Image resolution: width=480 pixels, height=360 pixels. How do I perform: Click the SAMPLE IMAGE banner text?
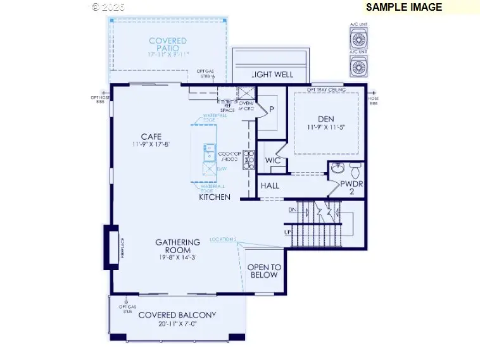tap(403, 8)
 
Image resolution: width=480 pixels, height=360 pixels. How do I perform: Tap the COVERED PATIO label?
tap(168, 44)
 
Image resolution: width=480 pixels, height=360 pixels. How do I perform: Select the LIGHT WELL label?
tap(272, 75)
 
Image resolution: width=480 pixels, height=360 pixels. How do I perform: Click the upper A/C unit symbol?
tap(359, 39)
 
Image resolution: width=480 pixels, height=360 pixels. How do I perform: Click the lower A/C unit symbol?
tap(359, 66)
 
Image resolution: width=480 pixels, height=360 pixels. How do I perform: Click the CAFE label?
tap(151, 136)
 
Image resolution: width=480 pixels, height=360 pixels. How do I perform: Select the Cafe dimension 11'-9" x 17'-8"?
tap(151, 144)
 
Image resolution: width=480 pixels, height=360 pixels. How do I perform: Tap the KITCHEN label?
tap(215, 197)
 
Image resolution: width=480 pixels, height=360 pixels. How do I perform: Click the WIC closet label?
tap(273, 161)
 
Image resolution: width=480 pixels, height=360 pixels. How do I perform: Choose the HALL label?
tap(270, 186)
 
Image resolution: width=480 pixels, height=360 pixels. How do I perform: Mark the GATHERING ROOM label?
tap(178, 246)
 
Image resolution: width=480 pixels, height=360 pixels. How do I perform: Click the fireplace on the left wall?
tap(111, 249)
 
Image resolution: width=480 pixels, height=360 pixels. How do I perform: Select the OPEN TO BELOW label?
tap(263, 271)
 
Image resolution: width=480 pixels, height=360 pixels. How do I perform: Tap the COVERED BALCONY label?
tap(177, 315)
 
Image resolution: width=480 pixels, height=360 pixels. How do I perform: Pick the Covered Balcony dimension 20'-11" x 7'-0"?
tap(177, 323)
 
